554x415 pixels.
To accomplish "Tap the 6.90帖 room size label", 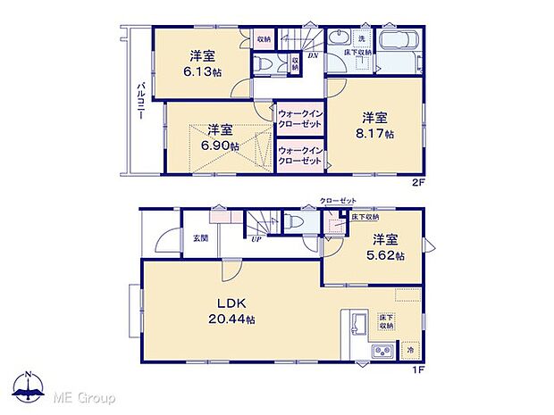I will coord(219,145).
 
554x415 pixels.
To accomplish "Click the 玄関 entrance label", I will coord(199,238).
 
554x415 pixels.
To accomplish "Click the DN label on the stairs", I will coord(314,56).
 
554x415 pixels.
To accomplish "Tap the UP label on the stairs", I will coord(256,239).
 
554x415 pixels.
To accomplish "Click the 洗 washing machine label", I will coord(361,38).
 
